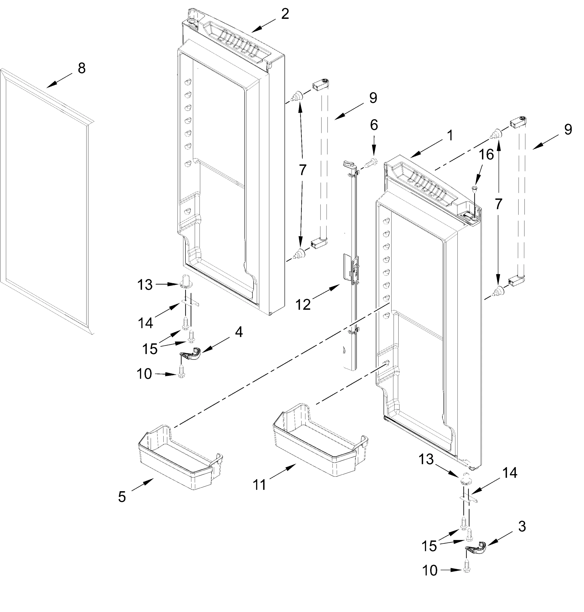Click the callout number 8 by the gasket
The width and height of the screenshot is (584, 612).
(x=82, y=68)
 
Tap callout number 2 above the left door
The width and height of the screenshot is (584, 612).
(x=285, y=14)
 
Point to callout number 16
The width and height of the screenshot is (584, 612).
(x=486, y=155)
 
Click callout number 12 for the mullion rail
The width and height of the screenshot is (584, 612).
(x=303, y=305)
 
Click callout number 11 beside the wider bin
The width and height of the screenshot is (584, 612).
(x=259, y=485)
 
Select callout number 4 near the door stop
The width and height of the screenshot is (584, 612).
(x=239, y=332)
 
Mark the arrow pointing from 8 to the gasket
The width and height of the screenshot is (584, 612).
(x=59, y=81)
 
